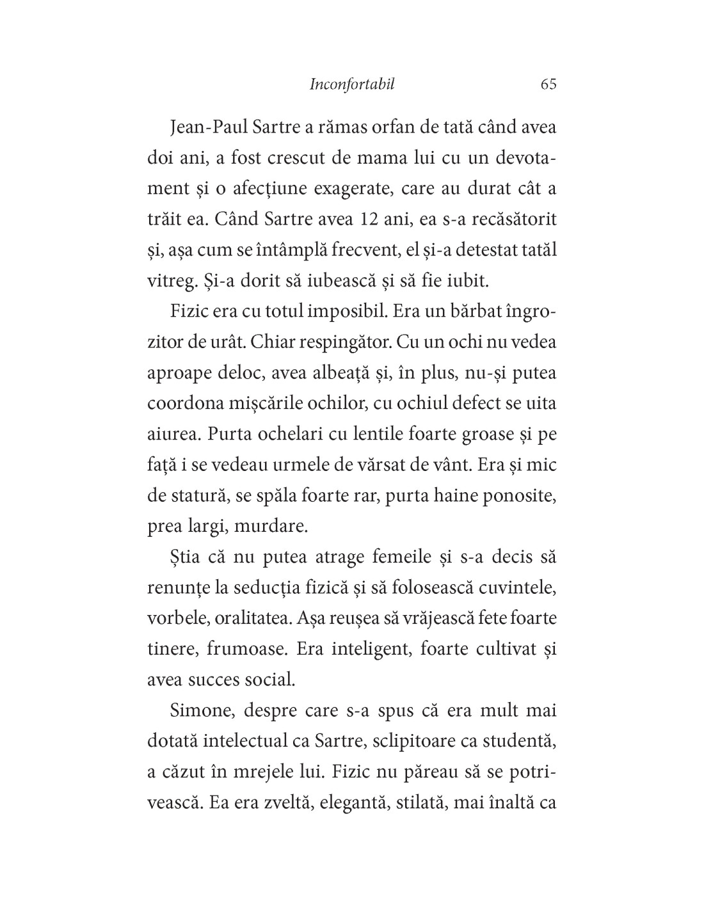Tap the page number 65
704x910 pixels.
pos(548,84)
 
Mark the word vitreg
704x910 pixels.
pos(169,281)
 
